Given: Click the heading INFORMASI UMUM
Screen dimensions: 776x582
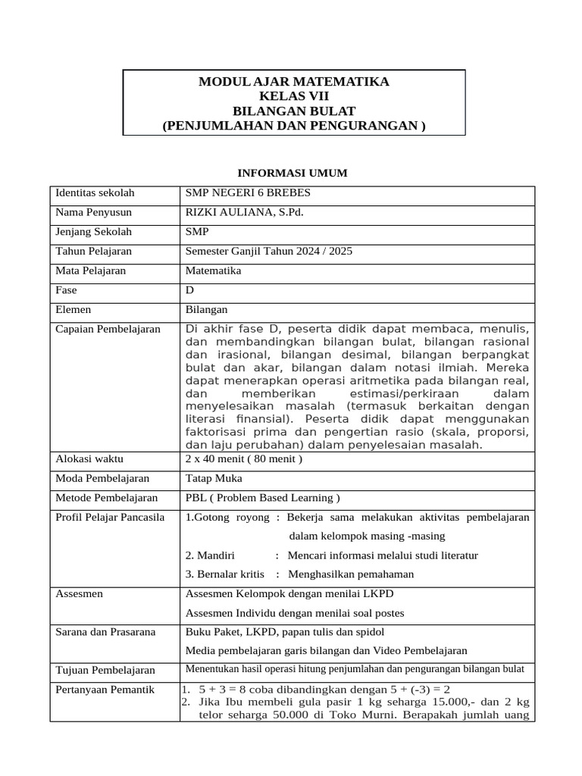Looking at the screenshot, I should click(293, 173).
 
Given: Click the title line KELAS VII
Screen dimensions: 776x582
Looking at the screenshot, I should click(294, 96).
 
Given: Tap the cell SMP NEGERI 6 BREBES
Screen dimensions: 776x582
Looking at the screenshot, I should click(248, 193).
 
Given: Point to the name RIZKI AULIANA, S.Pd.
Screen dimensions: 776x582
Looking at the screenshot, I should click(244, 212).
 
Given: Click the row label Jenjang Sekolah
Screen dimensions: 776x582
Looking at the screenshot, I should click(94, 232).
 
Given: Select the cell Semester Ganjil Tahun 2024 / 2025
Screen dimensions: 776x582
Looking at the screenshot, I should click(269, 251).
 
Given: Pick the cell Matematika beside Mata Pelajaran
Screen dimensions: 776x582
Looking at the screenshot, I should click(213, 271).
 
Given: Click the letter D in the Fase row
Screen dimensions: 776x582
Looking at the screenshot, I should click(189, 290).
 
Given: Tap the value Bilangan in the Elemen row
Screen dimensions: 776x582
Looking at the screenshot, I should click(206, 309).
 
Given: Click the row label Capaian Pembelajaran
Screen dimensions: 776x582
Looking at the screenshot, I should click(108, 329).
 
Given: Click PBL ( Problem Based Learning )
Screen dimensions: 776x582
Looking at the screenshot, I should click(262, 498).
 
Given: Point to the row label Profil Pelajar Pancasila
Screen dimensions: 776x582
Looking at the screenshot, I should click(110, 518).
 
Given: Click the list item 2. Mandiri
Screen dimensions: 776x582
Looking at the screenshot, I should click(210, 555).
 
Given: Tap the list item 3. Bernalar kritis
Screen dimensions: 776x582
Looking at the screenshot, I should click(224, 574).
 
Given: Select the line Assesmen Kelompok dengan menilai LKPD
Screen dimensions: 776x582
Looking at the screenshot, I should click(289, 594).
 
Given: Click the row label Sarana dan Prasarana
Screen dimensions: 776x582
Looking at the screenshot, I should click(105, 632).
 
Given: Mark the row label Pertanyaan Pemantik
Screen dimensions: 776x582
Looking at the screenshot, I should click(105, 690).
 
